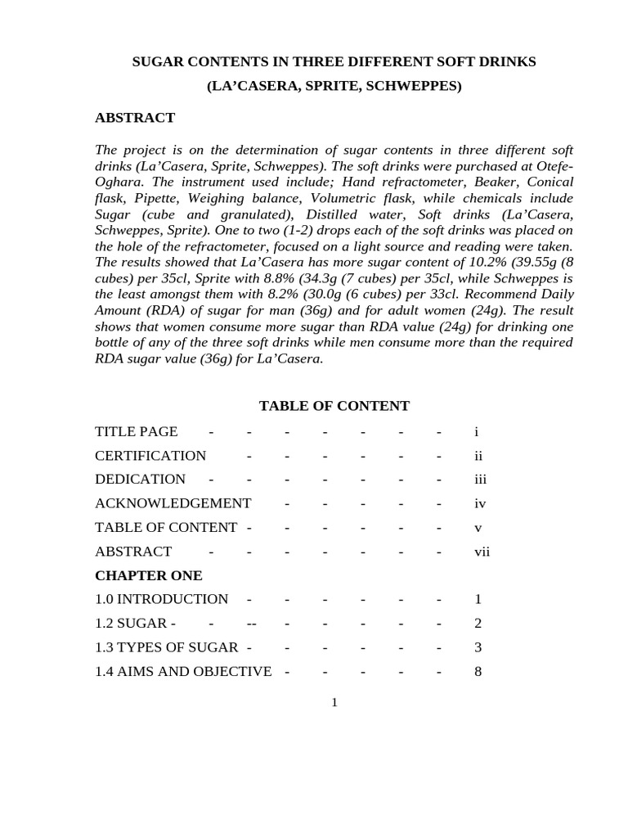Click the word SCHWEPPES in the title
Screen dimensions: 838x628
(x=419, y=86)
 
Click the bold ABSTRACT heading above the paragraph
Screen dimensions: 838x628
(x=135, y=118)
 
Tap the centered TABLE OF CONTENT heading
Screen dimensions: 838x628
(x=334, y=406)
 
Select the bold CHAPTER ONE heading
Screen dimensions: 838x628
(x=148, y=575)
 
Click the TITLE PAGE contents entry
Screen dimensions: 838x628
(x=136, y=432)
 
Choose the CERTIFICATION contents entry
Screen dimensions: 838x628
(x=150, y=456)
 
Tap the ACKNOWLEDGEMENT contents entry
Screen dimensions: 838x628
(x=173, y=504)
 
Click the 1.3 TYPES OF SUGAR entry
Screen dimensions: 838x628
(x=166, y=648)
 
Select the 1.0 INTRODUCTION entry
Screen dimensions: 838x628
(x=161, y=600)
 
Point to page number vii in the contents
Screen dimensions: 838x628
(x=482, y=552)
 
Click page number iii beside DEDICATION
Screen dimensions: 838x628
(x=480, y=480)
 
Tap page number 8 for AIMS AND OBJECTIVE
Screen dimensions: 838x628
(x=478, y=672)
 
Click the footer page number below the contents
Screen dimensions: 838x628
(x=334, y=703)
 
